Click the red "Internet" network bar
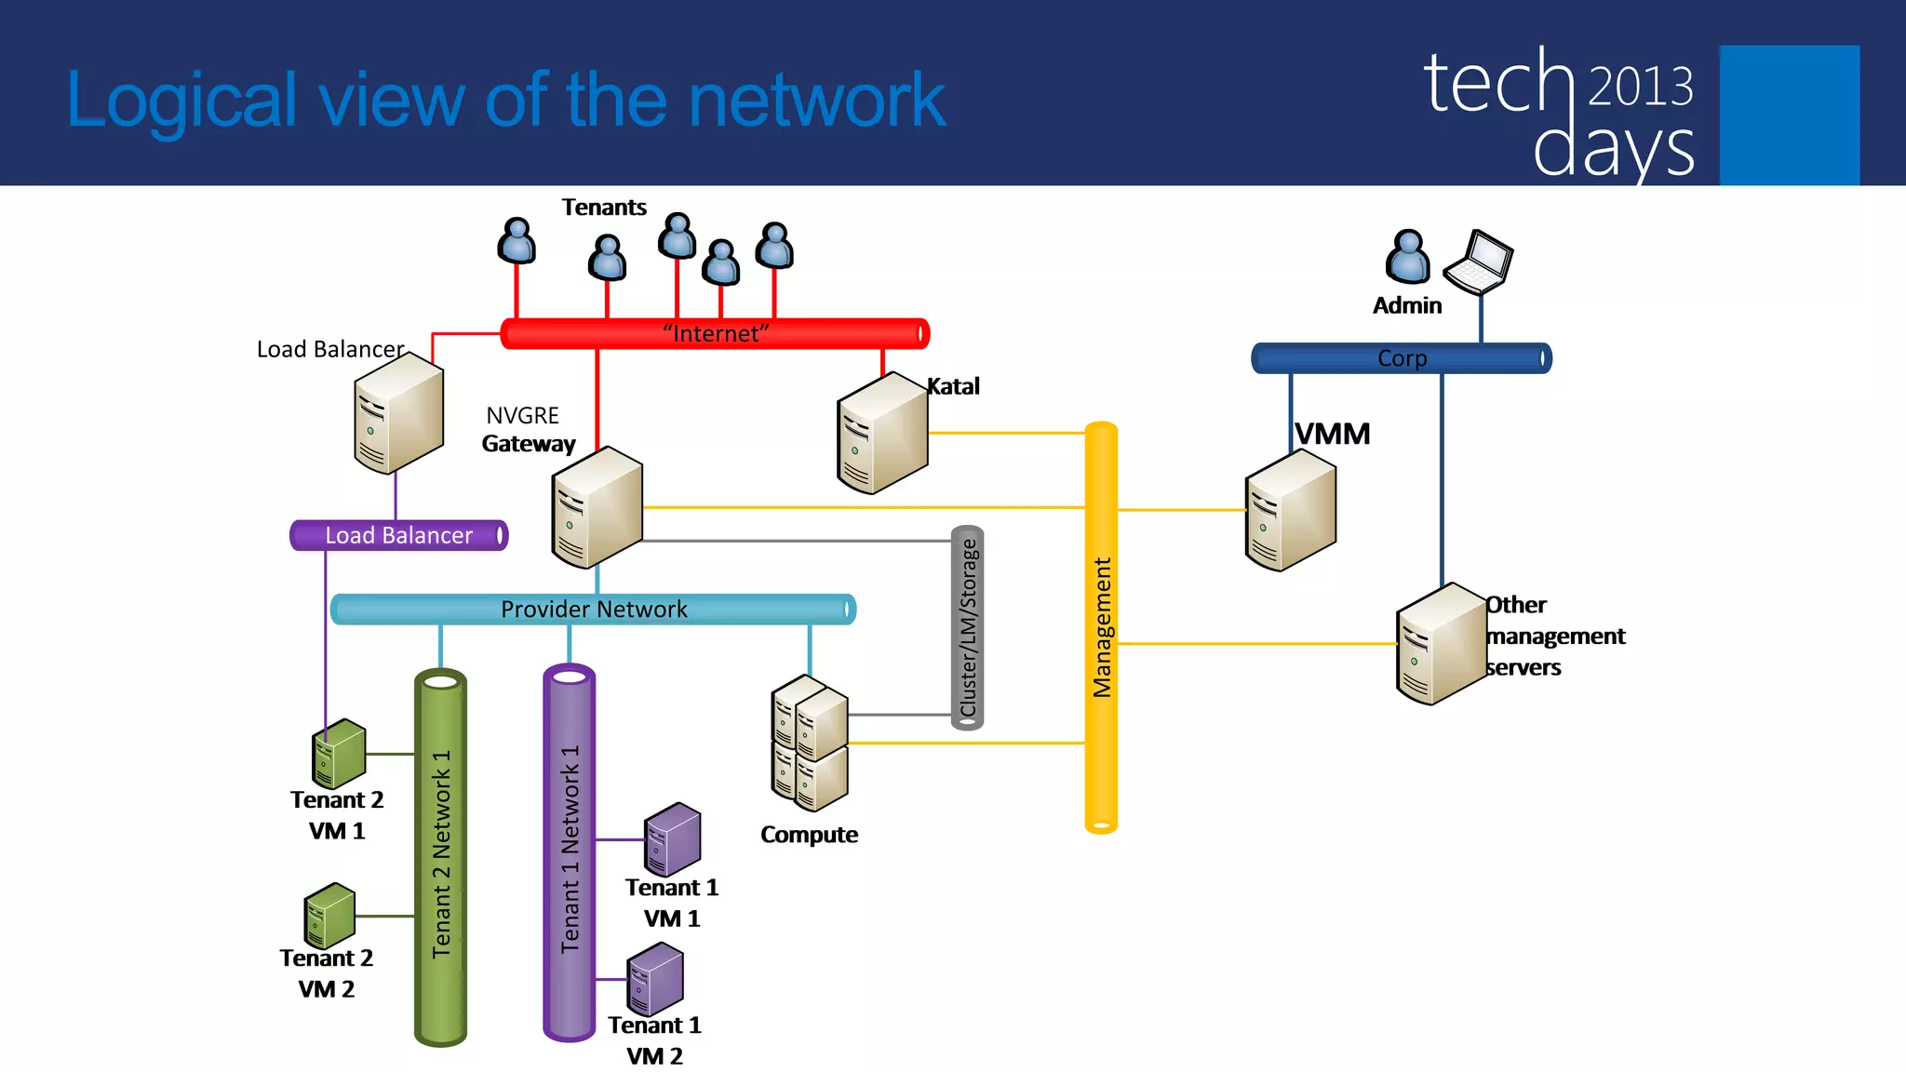715,333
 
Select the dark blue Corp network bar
1401,358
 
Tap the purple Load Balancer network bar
398,535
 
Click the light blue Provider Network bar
593,610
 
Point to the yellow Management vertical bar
1101,627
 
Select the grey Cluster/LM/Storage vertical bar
967,628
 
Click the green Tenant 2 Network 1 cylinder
440,856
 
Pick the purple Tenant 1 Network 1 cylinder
569,851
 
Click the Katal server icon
882,433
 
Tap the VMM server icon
1290,510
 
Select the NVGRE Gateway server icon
597,507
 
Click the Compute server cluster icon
810,744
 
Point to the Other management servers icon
1441,644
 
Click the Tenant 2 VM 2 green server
329,916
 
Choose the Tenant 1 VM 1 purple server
672,839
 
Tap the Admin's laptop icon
1479,261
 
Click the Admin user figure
1407,257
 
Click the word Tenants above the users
603,207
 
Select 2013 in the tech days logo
1640,87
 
